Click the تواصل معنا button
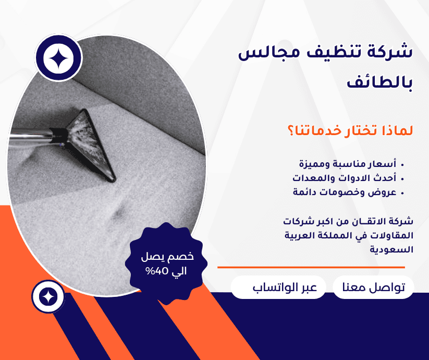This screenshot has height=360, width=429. pyautogui.click(x=373, y=288)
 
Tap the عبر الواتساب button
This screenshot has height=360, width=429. pyautogui.click(x=278, y=288)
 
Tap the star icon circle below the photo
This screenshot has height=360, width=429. pyautogui.click(x=48, y=296)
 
